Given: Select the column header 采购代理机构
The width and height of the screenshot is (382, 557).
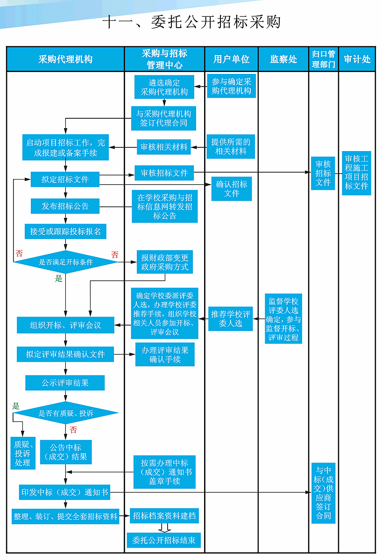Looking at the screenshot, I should pyautogui.click(x=65, y=59).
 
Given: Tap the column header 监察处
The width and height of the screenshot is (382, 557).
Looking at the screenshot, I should pyautogui.click(x=283, y=59).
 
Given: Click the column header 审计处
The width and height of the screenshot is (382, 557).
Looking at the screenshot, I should pyautogui.click(x=357, y=59).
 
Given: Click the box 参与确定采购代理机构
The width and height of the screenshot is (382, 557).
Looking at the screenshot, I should pyautogui.click(x=231, y=86).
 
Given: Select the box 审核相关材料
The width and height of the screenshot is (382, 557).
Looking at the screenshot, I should pyautogui.click(x=164, y=147).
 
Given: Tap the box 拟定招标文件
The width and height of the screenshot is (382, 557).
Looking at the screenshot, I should pyautogui.click(x=65, y=179).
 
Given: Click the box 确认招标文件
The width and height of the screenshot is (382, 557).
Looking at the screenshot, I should pyautogui.click(x=232, y=189).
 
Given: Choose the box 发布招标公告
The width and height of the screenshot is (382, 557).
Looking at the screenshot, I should pyautogui.click(x=65, y=206).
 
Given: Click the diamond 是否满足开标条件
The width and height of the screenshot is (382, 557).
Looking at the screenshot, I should pyautogui.click(x=66, y=262).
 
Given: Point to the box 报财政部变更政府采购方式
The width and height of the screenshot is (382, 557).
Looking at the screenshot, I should pyautogui.click(x=165, y=262).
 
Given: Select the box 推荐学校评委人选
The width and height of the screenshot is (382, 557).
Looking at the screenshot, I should pyautogui.click(x=231, y=319).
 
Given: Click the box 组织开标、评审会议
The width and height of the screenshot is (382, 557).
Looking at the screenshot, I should pyautogui.click(x=65, y=325).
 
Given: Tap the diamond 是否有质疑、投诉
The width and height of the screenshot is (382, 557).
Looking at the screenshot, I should pyautogui.click(x=66, y=413).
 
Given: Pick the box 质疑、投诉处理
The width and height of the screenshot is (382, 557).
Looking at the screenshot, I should pyautogui.click(x=22, y=453).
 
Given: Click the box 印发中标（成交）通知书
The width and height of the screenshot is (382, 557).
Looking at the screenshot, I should pyautogui.click(x=65, y=492).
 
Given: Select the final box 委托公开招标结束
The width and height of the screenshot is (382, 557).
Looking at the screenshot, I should pyautogui.click(x=163, y=541).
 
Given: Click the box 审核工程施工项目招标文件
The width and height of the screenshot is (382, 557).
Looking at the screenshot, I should pyautogui.click(x=356, y=173).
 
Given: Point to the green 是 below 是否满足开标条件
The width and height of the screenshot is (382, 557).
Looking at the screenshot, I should pyautogui.click(x=58, y=279).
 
